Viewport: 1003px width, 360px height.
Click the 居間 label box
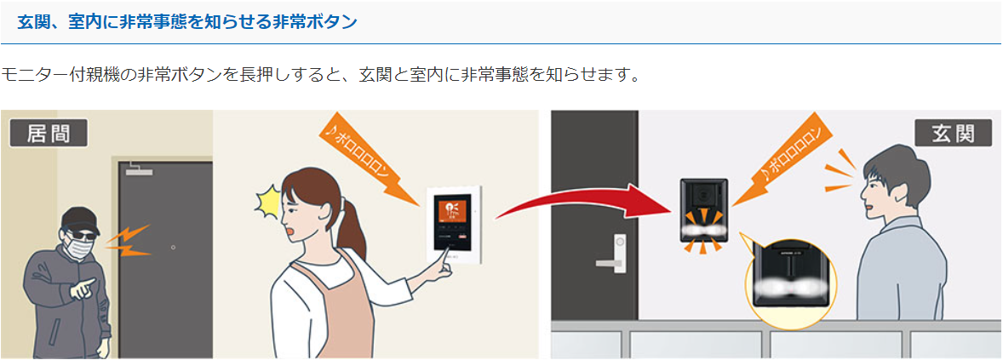tap(49, 133)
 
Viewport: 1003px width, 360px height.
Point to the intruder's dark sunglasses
tap(81, 235)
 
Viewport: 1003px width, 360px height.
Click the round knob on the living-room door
tap(173, 248)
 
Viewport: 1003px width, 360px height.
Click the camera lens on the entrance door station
tap(703, 191)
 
